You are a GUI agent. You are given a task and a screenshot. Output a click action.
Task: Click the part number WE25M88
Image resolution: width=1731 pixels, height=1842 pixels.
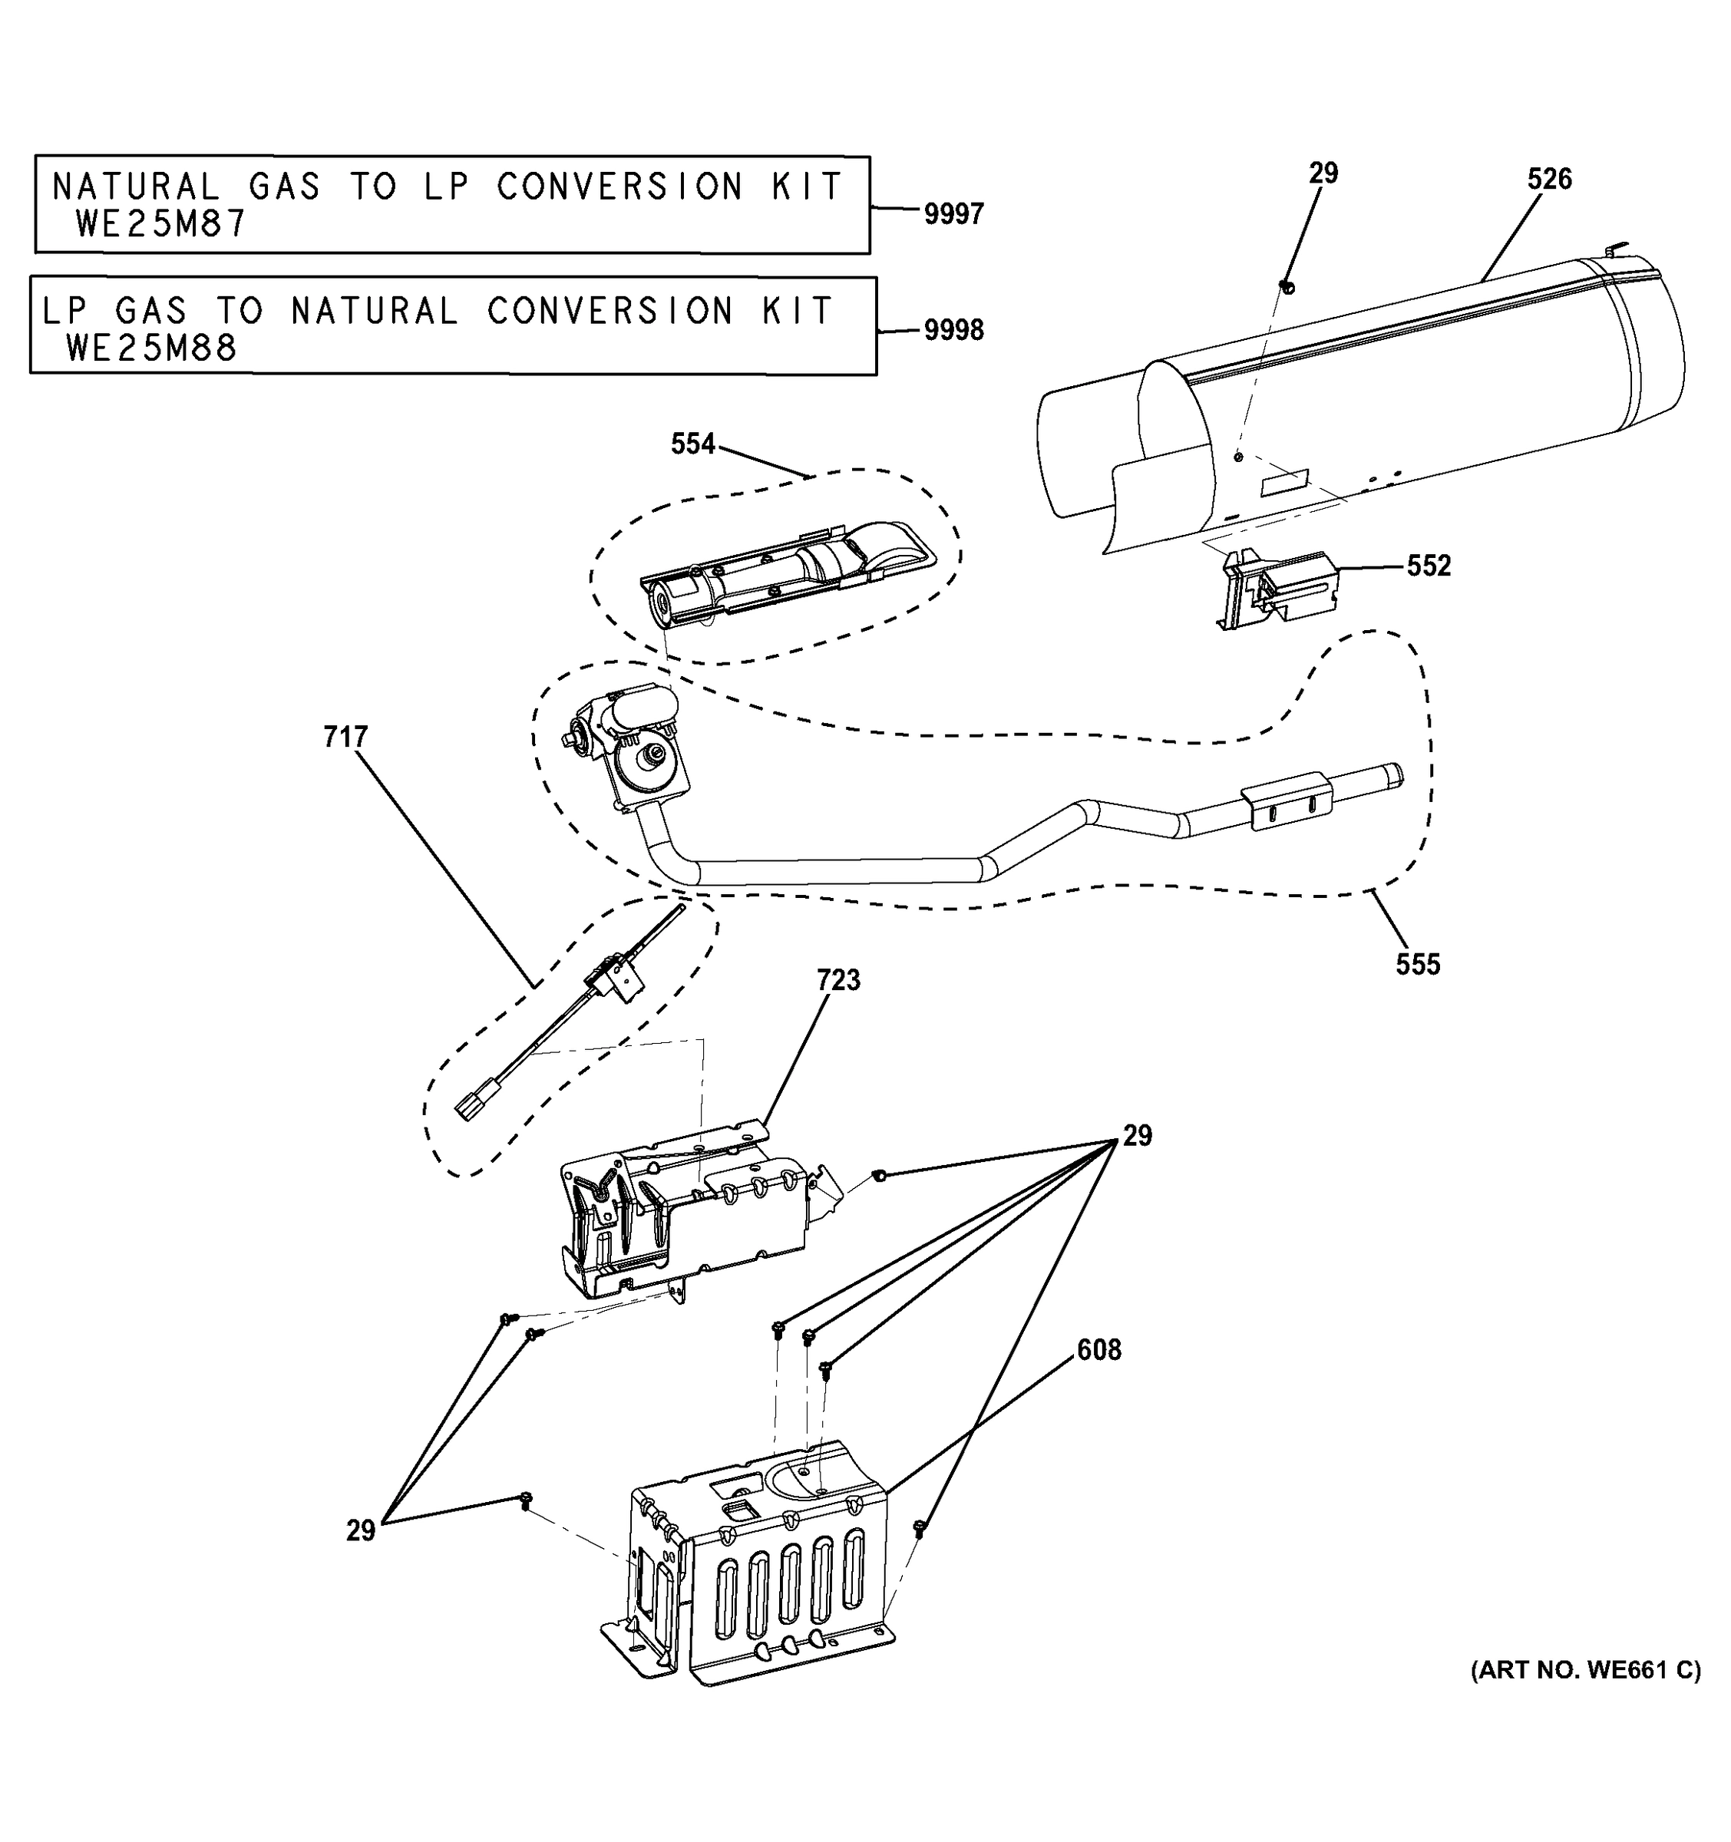[152, 348]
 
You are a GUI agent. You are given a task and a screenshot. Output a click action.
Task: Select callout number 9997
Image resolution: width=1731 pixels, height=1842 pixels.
[953, 214]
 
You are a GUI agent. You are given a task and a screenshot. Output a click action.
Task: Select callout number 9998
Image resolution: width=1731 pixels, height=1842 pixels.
[953, 331]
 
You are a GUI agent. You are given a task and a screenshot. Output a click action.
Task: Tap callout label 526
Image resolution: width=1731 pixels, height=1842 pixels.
[1549, 179]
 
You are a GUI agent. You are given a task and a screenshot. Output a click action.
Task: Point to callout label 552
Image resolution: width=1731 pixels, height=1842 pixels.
[1428, 566]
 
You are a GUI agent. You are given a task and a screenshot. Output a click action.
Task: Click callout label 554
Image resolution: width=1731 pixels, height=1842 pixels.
[692, 444]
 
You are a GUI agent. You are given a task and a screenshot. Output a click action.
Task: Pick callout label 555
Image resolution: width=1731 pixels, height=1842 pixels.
[1418, 965]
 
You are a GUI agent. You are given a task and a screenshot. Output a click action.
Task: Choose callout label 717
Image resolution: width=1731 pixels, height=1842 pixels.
[345, 737]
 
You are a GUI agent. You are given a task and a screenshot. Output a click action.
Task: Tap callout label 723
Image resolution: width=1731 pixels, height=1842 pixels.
[837, 979]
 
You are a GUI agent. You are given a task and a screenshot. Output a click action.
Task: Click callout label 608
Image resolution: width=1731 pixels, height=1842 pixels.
[1098, 1350]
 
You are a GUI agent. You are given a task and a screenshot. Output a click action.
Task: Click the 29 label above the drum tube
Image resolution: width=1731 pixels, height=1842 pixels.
[1323, 173]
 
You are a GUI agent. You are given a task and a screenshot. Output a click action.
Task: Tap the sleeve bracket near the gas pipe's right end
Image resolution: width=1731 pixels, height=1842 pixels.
[1287, 802]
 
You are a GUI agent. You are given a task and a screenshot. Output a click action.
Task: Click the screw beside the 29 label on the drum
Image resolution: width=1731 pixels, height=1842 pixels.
[1287, 286]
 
